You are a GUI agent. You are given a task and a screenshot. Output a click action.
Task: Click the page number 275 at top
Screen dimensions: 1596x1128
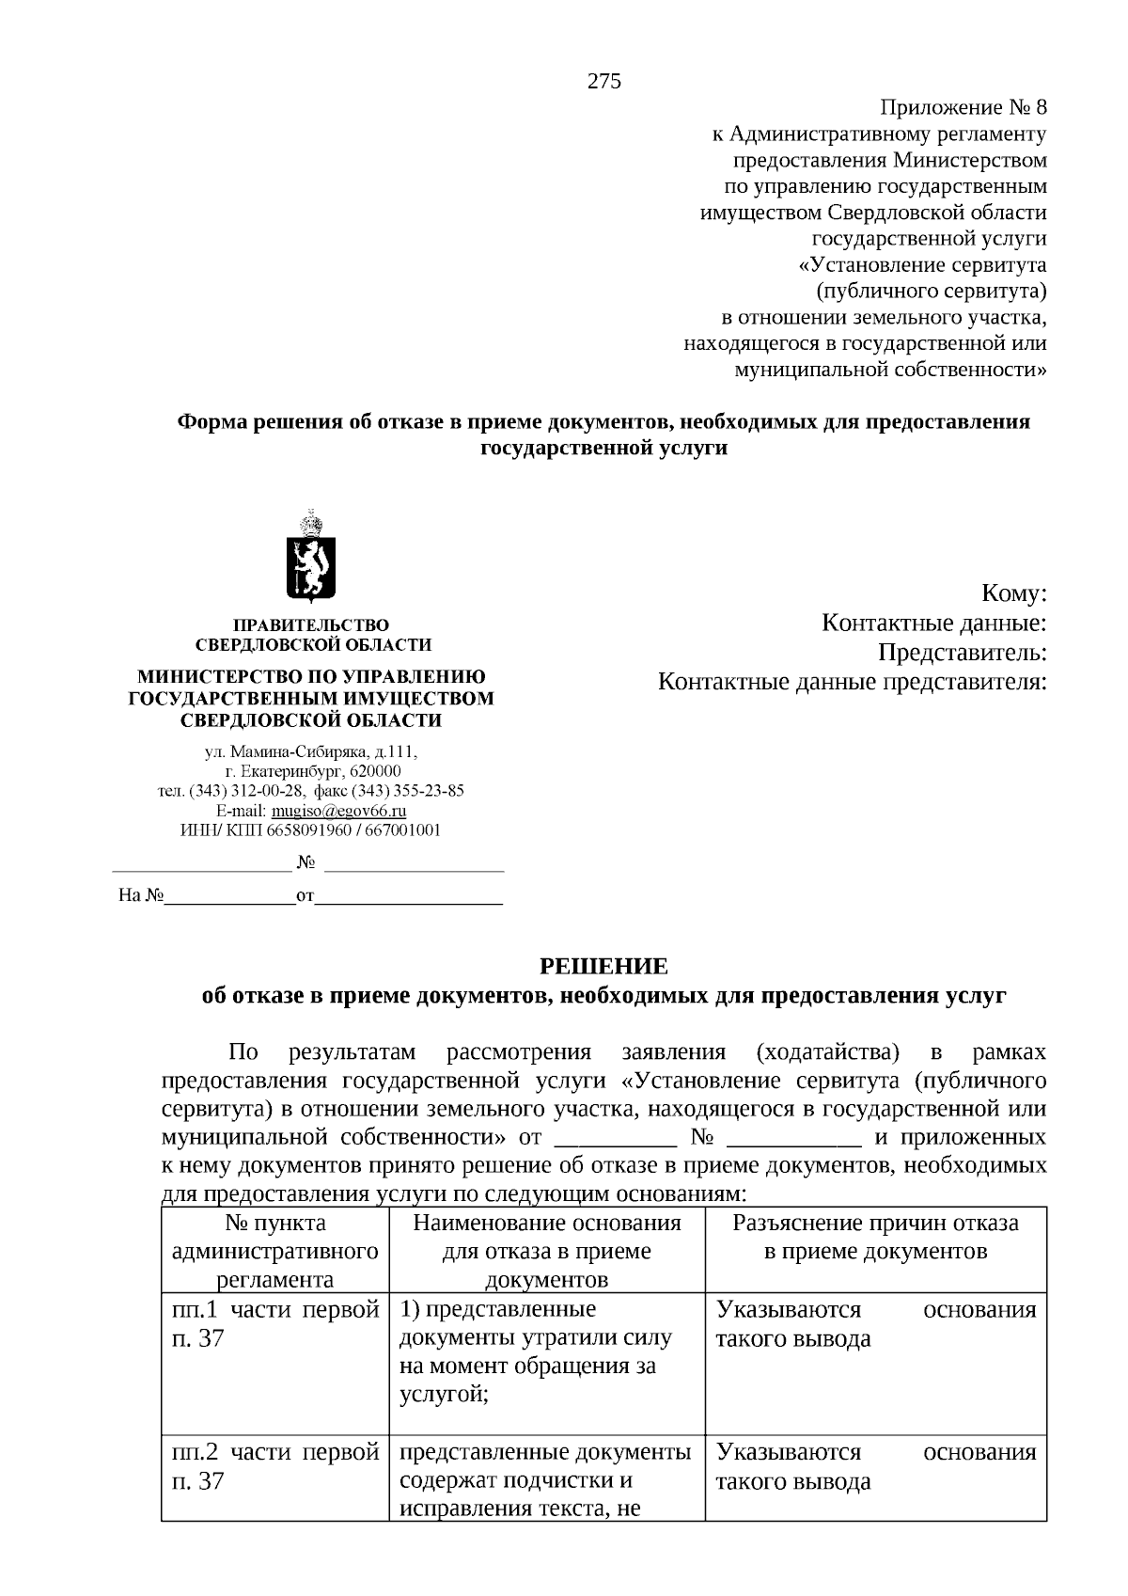604,81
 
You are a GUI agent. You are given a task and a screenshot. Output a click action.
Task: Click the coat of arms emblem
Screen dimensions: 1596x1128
312,560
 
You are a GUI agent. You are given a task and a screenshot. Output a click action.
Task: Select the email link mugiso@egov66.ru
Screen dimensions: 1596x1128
338,811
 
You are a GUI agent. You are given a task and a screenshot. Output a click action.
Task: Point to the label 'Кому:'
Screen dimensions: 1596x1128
1013,593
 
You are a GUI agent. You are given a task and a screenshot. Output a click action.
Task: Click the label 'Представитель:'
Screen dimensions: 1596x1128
962,652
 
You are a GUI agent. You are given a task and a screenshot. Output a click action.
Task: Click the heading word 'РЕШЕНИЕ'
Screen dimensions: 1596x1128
603,966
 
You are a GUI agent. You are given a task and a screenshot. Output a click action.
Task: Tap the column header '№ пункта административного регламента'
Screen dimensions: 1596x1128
275,1251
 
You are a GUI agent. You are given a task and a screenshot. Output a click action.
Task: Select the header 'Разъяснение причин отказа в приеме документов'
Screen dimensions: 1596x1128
875,1237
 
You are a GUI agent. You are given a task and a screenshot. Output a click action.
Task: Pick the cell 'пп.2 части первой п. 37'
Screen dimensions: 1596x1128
275,1466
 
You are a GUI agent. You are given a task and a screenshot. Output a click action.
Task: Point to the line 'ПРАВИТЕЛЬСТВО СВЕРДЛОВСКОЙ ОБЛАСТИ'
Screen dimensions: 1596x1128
312,635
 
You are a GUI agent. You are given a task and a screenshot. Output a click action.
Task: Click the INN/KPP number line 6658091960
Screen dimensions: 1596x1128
310,830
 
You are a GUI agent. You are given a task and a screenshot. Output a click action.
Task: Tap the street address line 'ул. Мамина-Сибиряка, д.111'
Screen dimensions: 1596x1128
311,752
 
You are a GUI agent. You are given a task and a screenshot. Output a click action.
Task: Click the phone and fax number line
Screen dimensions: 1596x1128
311,791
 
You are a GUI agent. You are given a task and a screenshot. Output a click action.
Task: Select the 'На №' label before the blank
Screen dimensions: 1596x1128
141,895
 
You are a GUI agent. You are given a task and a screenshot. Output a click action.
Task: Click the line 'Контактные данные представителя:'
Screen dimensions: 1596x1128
852,681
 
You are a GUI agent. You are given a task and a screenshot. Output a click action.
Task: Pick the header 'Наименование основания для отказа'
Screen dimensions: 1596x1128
546,1237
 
